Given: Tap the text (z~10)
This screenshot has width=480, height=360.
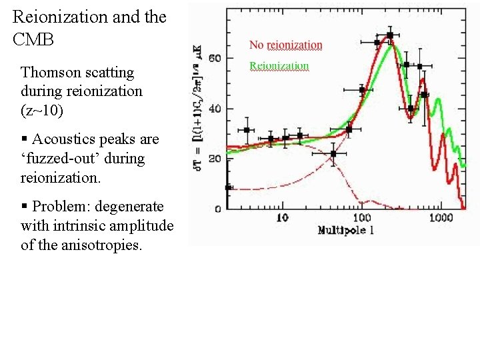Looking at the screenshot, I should (42, 111).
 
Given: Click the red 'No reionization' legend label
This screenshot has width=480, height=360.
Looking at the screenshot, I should (285, 45).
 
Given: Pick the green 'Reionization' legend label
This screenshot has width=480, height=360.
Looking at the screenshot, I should (279, 66).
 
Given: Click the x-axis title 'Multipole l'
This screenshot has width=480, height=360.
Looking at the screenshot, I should (346, 231).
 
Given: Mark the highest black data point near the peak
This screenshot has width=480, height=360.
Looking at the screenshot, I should (389, 35).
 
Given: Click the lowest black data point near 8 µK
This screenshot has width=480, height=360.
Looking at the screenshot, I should (229, 188).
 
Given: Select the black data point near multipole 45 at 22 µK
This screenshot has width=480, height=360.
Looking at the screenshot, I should (333, 154).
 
